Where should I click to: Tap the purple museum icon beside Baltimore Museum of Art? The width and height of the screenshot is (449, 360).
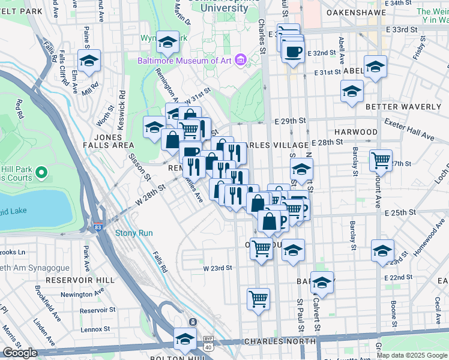[x=241, y=61]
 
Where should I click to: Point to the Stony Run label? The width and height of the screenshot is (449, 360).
[x=134, y=233]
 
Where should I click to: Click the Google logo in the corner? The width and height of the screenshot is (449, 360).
[x=20, y=353]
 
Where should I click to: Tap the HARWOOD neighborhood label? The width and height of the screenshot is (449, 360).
[x=356, y=131]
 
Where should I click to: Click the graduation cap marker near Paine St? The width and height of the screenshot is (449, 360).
[x=89, y=61]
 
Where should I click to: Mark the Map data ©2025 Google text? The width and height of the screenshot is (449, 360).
[x=412, y=355]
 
